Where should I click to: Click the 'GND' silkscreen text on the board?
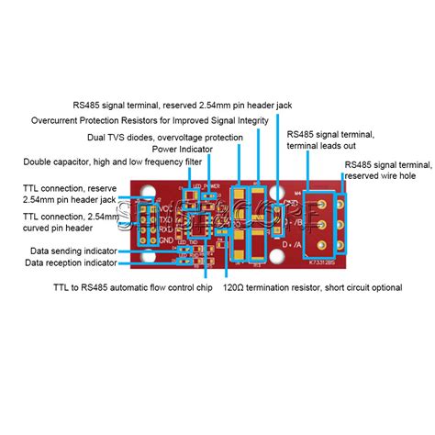[165, 240]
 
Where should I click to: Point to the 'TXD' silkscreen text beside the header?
[165, 220]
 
